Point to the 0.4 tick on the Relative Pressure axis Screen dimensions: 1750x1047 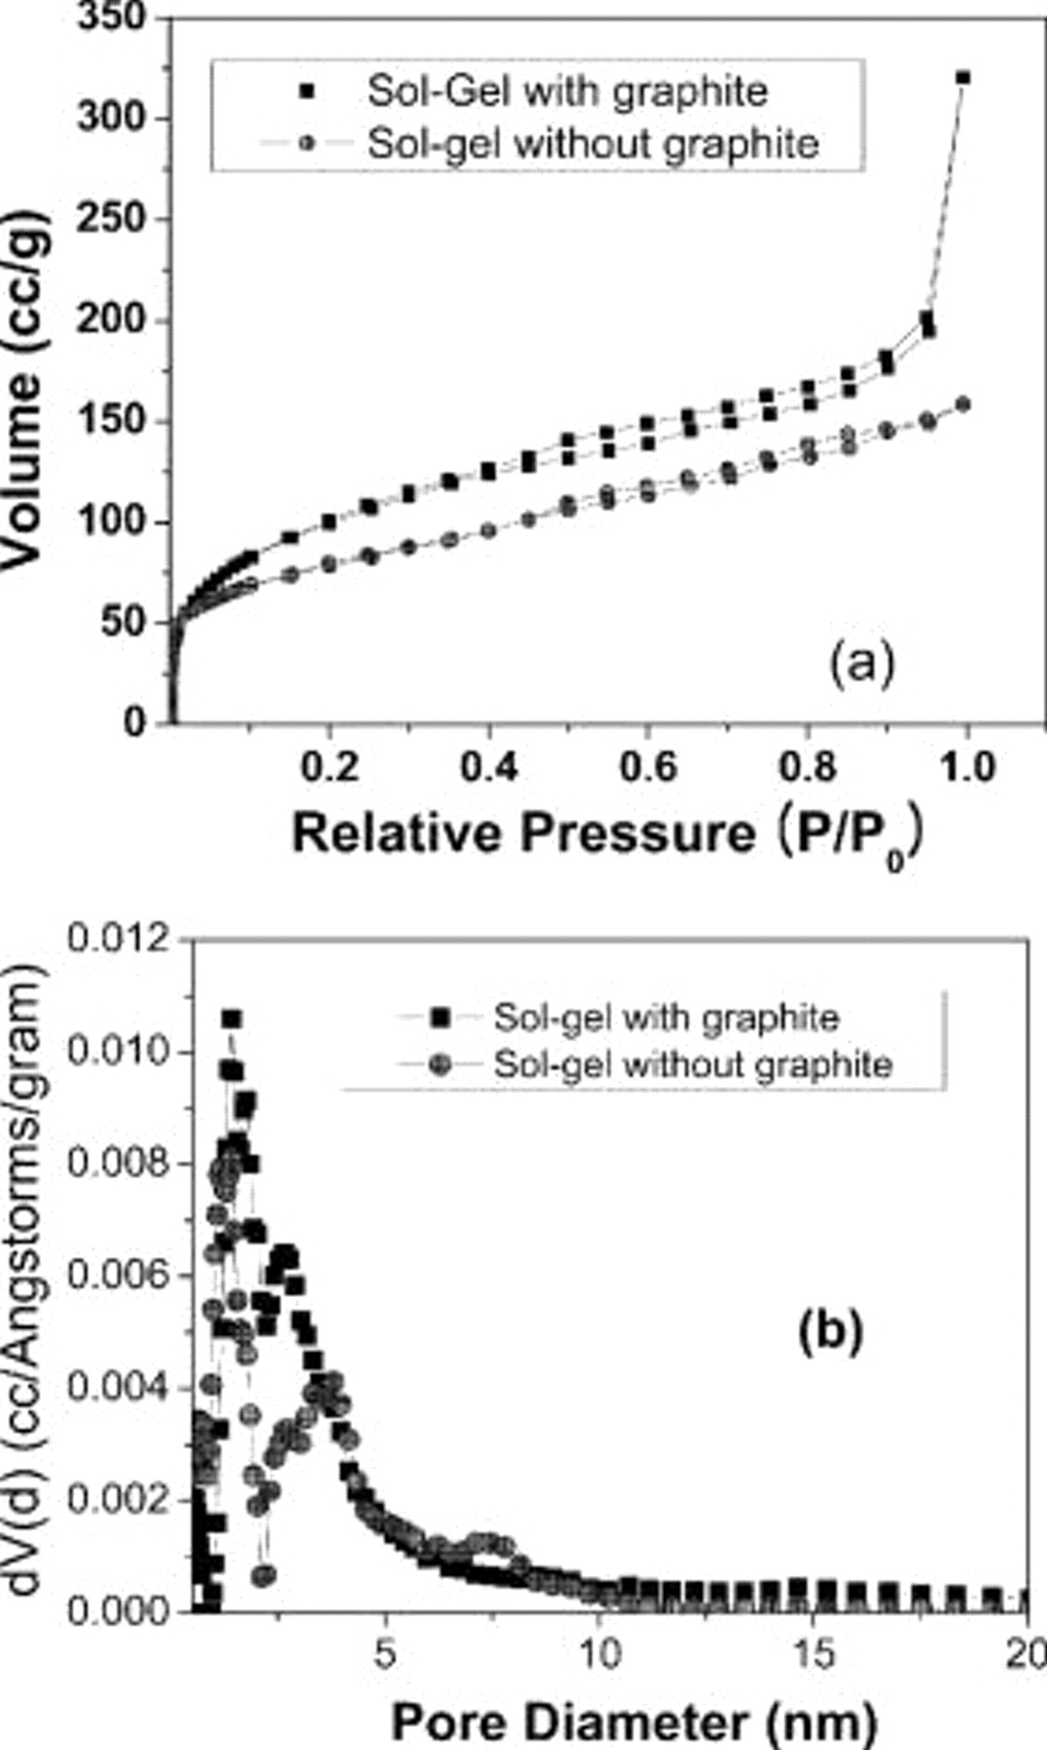pos(488,768)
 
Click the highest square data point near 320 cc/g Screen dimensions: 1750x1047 pos(963,78)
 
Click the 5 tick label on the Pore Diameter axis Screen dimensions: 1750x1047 pos(386,1653)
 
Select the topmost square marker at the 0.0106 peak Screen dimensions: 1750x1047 pos(231,1019)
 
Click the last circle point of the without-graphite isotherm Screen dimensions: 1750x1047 pos(963,403)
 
